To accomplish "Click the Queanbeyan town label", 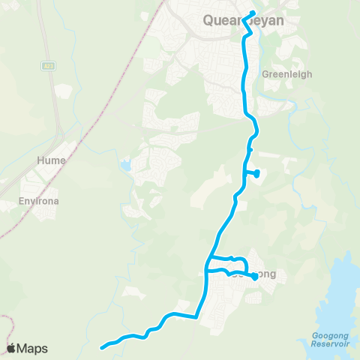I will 243,21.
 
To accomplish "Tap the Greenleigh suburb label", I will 286,75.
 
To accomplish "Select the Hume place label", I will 51,160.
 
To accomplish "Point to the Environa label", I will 38,202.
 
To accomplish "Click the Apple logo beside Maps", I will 12,348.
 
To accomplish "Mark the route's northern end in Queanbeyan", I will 253,12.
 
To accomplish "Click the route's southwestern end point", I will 102,346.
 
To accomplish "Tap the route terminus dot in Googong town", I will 254,277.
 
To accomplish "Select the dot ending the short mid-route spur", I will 256,173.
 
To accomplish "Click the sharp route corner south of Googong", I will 198,317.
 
